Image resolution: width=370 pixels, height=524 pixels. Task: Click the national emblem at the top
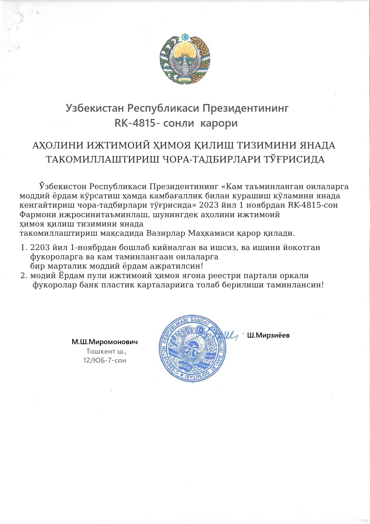pos(185,59)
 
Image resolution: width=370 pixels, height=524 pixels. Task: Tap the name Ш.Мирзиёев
pos(268,335)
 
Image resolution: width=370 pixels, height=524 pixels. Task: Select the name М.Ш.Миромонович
pos(105,342)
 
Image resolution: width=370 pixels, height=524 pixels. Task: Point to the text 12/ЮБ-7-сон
pos(104,360)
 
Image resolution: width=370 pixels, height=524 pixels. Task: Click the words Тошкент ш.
pos(106,351)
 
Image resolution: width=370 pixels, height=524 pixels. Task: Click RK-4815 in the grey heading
pos(135,123)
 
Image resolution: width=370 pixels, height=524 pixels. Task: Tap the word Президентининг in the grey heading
pos(245,108)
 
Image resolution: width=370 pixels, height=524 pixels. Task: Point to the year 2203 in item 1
pos(40,247)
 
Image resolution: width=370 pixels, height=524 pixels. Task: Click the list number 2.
pos(24,275)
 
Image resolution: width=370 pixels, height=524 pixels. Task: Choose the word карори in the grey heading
pos(219,123)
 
